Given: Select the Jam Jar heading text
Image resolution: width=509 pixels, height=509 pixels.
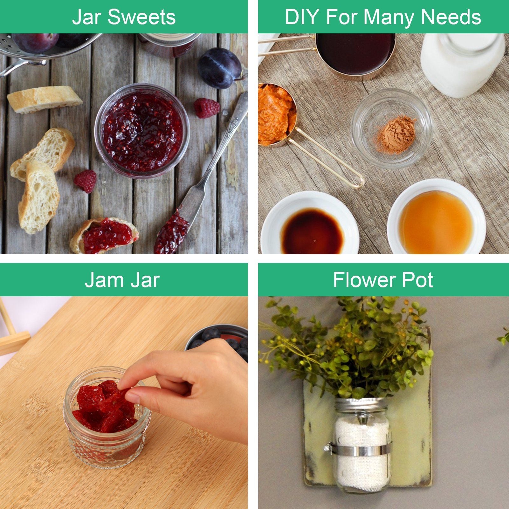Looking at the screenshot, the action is pyautogui.click(x=122, y=280).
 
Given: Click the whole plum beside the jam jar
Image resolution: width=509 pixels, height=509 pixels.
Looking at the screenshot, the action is pyautogui.click(x=220, y=68).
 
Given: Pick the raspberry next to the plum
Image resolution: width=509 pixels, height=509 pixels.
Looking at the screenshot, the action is pyautogui.click(x=207, y=108).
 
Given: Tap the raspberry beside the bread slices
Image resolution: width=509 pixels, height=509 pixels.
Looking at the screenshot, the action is pyautogui.click(x=86, y=181).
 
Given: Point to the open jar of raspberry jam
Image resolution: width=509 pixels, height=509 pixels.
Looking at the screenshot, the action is pyautogui.click(x=142, y=130).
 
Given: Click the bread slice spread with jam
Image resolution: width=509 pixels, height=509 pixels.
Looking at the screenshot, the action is pyautogui.click(x=104, y=236).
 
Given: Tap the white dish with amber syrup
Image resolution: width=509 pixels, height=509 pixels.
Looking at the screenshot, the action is pyautogui.click(x=436, y=217).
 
